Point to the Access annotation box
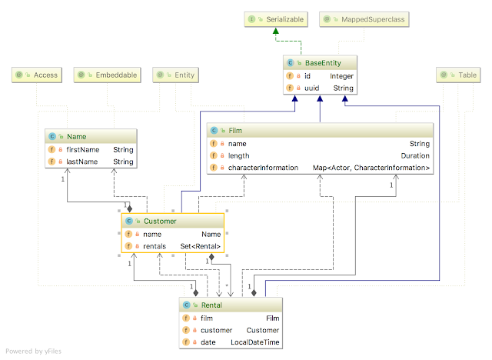(x=35, y=75)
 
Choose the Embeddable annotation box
(x=108, y=75)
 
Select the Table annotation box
(x=459, y=75)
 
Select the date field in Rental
(x=208, y=342)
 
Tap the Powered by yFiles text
(x=35, y=352)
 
